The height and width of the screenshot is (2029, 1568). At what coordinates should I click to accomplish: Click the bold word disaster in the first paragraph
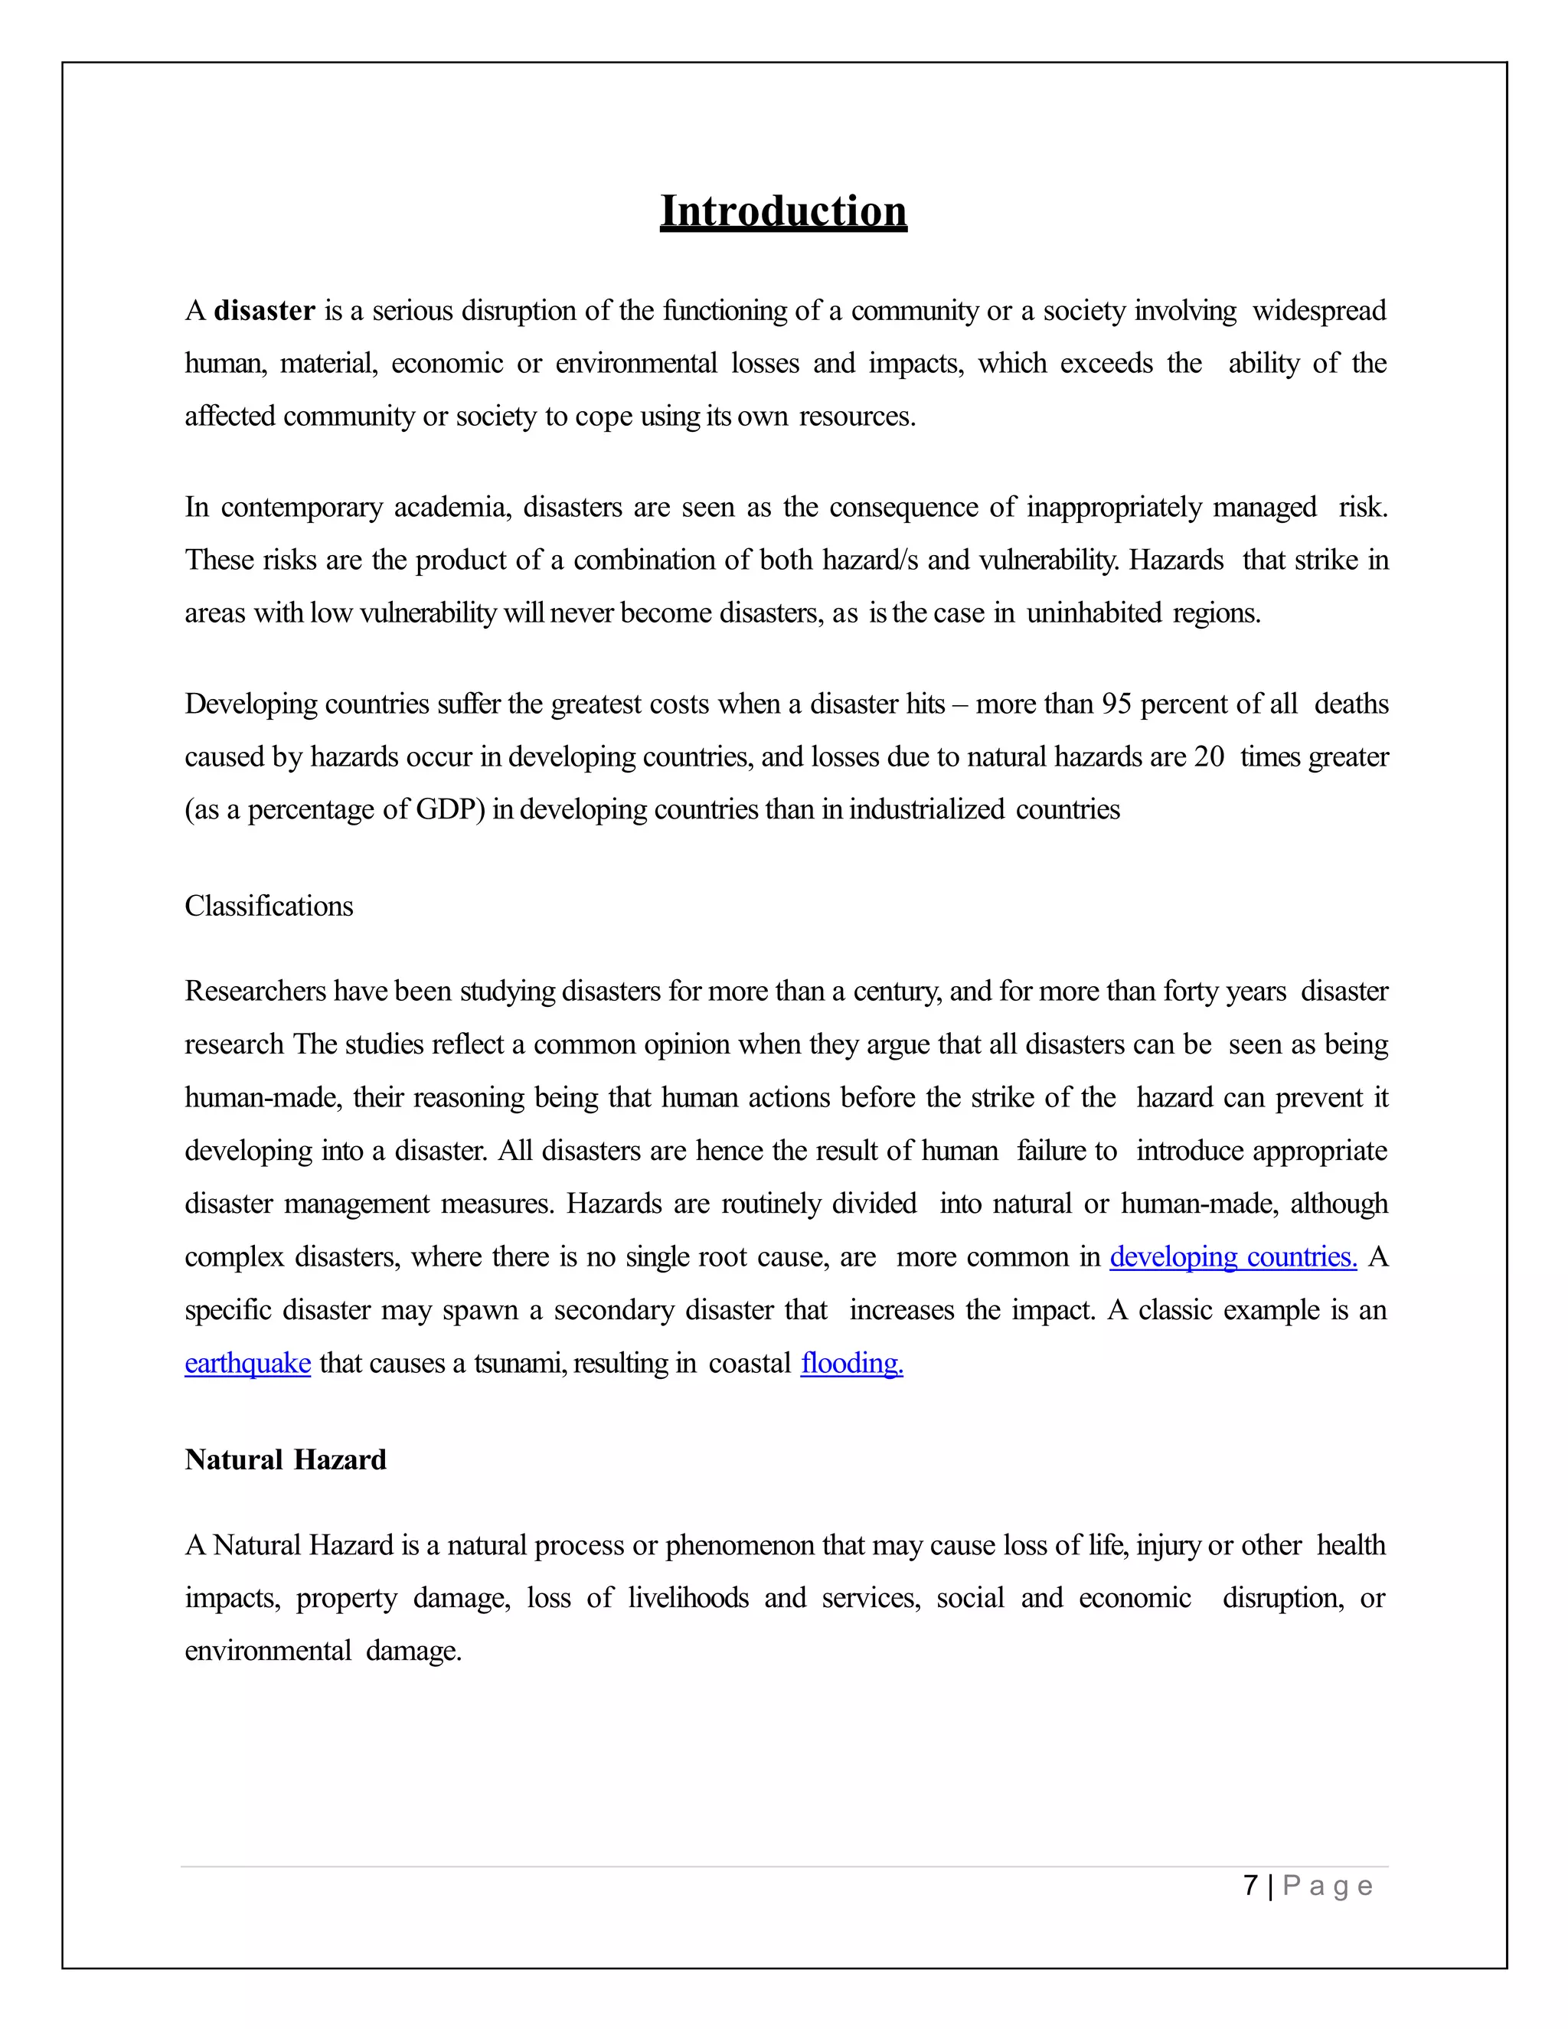(265, 310)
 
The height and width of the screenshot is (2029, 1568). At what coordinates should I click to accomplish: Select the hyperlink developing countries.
(1233, 1257)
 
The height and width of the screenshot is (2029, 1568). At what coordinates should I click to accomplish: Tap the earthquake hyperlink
(247, 1363)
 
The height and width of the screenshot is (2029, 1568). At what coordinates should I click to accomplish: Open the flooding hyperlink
(851, 1363)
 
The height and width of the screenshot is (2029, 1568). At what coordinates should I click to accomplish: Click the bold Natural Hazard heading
(285, 1459)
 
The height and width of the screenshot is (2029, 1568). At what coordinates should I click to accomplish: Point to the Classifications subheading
(269, 906)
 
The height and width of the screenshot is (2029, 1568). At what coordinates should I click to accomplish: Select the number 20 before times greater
(1210, 757)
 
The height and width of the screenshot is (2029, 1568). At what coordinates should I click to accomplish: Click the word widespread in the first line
(1319, 310)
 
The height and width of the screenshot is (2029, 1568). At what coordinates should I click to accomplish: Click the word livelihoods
(688, 1598)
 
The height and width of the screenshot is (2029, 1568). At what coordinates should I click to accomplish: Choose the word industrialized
(926, 810)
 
